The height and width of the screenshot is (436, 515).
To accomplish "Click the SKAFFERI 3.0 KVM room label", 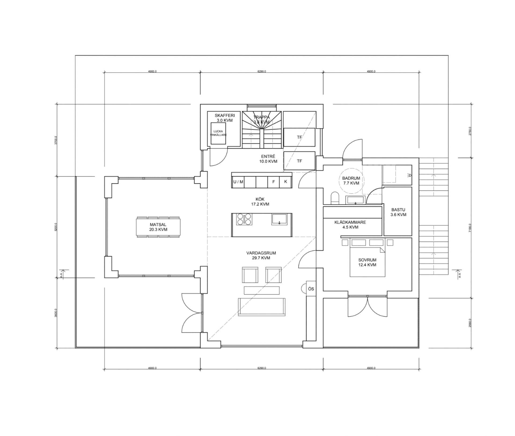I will click(225, 118).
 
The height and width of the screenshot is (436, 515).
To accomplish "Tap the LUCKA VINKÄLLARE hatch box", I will click(218, 133).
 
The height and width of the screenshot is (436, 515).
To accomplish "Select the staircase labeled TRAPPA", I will click(262, 130).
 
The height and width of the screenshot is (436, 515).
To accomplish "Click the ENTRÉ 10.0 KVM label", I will click(268, 159).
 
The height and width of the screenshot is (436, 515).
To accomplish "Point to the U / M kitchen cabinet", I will click(238, 182).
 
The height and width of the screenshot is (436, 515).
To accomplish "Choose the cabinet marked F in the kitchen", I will click(274, 182).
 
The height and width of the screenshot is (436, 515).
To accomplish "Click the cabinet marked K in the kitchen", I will click(286, 182).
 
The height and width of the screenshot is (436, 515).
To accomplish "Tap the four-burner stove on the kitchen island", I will click(244, 219).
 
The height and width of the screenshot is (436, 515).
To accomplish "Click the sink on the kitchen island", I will click(279, 219).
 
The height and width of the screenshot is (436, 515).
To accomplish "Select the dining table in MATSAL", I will click(158, 227).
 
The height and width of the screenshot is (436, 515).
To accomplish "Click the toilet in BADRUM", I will click(335, 198).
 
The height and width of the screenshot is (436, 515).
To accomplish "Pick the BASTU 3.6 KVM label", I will click(398, 212).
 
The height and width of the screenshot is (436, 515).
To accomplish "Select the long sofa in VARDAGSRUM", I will click(262, 307).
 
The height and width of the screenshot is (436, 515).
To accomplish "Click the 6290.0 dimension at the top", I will click(262, 72).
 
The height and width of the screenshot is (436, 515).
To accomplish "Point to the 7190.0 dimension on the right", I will click(470, 228).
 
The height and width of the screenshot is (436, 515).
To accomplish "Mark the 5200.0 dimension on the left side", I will click(56, 227).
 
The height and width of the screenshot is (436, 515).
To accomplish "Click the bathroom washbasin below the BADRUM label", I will click(355, 200).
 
